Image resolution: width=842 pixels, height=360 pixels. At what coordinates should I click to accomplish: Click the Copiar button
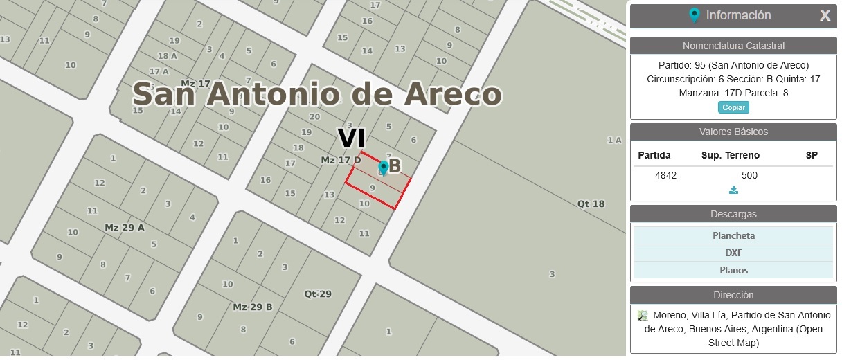coord(733,107)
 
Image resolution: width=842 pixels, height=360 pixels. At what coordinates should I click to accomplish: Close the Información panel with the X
coord(825,15)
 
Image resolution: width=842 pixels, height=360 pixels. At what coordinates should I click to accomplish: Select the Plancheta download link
coord(733,235)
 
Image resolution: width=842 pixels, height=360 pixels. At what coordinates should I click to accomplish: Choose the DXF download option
coord(733,253)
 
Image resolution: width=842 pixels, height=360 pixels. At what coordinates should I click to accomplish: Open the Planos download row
coord(733,270)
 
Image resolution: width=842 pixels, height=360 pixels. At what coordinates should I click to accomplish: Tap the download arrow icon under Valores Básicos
coord(733,190)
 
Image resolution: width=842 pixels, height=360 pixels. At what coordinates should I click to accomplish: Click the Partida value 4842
coord(665,175)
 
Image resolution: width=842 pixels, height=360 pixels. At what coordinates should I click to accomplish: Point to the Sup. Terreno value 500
coord(749,175)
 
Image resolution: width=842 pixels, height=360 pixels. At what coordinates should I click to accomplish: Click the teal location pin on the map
coord(383,168)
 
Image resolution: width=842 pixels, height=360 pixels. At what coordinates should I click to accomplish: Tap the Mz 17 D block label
coord(341,160)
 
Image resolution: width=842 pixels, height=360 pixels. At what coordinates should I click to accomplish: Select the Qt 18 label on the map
coord(591,204)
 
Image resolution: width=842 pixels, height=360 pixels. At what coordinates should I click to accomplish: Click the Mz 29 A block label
coord(125,227)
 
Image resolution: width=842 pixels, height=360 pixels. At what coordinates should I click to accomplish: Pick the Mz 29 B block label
coord(252,307)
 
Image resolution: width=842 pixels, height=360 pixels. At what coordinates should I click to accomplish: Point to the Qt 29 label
coord(318,294)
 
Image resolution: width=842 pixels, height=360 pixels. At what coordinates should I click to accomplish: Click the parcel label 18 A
coord(167,56)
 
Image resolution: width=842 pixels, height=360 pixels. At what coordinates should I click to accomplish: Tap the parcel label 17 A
coord(159,71)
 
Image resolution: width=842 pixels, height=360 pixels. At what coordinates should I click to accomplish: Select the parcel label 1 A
coord(614,140)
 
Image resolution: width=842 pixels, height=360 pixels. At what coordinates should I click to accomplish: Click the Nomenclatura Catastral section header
coord(733,46)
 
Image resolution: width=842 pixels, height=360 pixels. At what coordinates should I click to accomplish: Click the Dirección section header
coord(733,295)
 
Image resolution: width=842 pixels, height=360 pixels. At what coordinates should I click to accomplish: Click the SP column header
coord(812,155)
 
